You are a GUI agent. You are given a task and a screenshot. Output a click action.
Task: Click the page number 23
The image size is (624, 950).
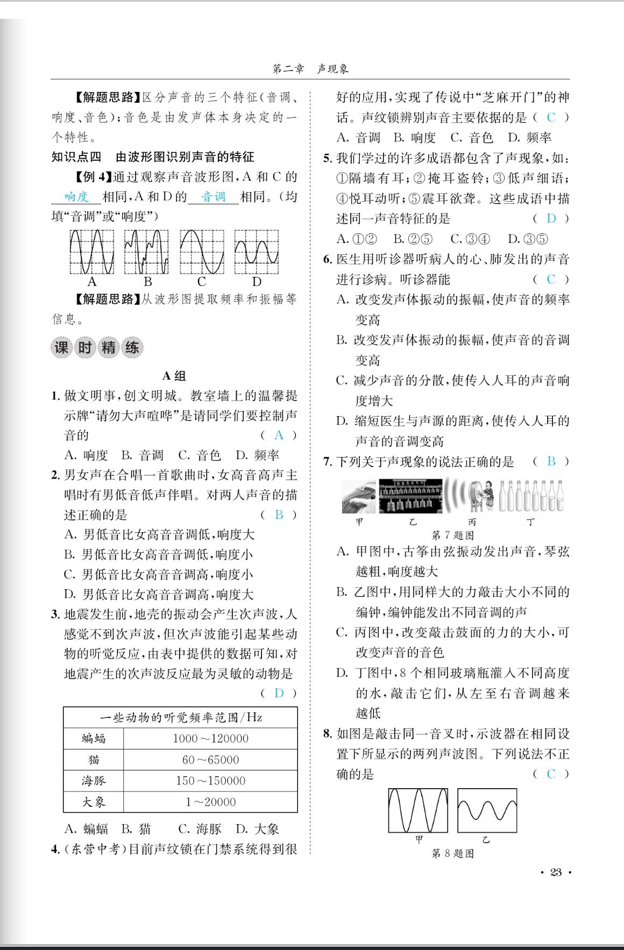[x=556, y=872]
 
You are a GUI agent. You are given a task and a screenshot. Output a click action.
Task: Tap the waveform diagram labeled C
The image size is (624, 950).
[x=202, y=252]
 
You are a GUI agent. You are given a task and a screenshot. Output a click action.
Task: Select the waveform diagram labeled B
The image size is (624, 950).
[x=146, y=252]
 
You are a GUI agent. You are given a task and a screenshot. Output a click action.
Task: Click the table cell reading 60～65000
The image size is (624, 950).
[x=210, y=760]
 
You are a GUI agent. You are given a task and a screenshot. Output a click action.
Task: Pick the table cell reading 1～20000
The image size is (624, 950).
[x=210, y=802]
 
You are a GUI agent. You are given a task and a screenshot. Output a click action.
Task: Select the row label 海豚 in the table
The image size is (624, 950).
[x=94, y=781]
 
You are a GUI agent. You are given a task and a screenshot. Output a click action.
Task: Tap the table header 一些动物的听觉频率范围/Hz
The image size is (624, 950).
[x=181, y=717]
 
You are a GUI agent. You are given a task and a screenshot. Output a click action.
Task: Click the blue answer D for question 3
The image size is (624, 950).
[x=279, y=693]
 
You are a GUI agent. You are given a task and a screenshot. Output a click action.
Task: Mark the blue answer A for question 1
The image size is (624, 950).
[x=279, y=435]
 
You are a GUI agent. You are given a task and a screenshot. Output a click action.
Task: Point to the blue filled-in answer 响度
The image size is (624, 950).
[x=76, y=197]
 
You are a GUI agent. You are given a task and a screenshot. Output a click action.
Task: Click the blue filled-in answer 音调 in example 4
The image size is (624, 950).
[x=213, y=197]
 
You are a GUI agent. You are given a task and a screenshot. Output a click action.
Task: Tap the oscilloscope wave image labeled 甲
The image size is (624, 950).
[x=418, y=810]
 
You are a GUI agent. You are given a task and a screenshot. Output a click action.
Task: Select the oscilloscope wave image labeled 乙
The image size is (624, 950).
[x=487, y=810]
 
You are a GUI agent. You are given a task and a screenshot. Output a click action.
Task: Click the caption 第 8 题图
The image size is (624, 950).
[x=452, y=853]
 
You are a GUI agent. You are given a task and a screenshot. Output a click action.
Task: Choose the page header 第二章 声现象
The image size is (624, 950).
[x=311, y=69]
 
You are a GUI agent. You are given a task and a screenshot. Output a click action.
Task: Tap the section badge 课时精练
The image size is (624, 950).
[x=97, y=347]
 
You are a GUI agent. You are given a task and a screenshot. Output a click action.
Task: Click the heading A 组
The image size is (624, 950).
[x=174, y=376]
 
